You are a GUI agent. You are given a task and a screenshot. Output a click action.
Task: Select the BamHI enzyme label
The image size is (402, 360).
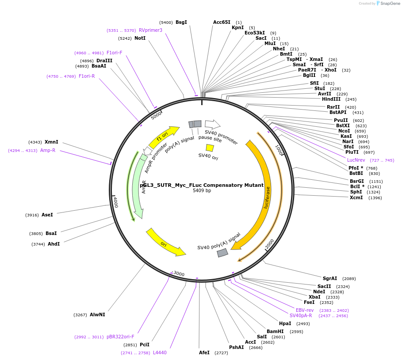[x=275, y=331]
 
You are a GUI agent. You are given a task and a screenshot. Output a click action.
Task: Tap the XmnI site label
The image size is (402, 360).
[x=51, y=142]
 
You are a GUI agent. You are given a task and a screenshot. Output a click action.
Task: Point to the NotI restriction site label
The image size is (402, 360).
[x=140, y=38]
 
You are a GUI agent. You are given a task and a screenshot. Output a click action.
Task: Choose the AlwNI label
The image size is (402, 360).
[x=97, y=315]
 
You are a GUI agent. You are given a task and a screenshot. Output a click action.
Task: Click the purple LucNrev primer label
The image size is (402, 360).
[x=356, y=160]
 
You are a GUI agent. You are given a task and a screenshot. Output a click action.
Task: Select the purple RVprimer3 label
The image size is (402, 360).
[x=150, y=30]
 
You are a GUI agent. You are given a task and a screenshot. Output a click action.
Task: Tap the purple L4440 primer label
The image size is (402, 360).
[x=160, y=352]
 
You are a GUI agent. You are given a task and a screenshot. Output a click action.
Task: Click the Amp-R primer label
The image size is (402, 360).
[x=48, y=150]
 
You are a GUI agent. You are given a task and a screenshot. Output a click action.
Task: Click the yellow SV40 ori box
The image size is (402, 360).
[x=210, y=148]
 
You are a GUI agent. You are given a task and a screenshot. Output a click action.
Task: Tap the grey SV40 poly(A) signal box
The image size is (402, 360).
[x=222, y=253]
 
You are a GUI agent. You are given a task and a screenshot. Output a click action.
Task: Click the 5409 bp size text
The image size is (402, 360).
[x=202, y=191]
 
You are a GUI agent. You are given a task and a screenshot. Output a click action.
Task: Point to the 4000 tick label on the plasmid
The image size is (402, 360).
[x=115, y=202]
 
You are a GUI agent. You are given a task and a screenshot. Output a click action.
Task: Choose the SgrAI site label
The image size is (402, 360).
[x=330, y=278]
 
